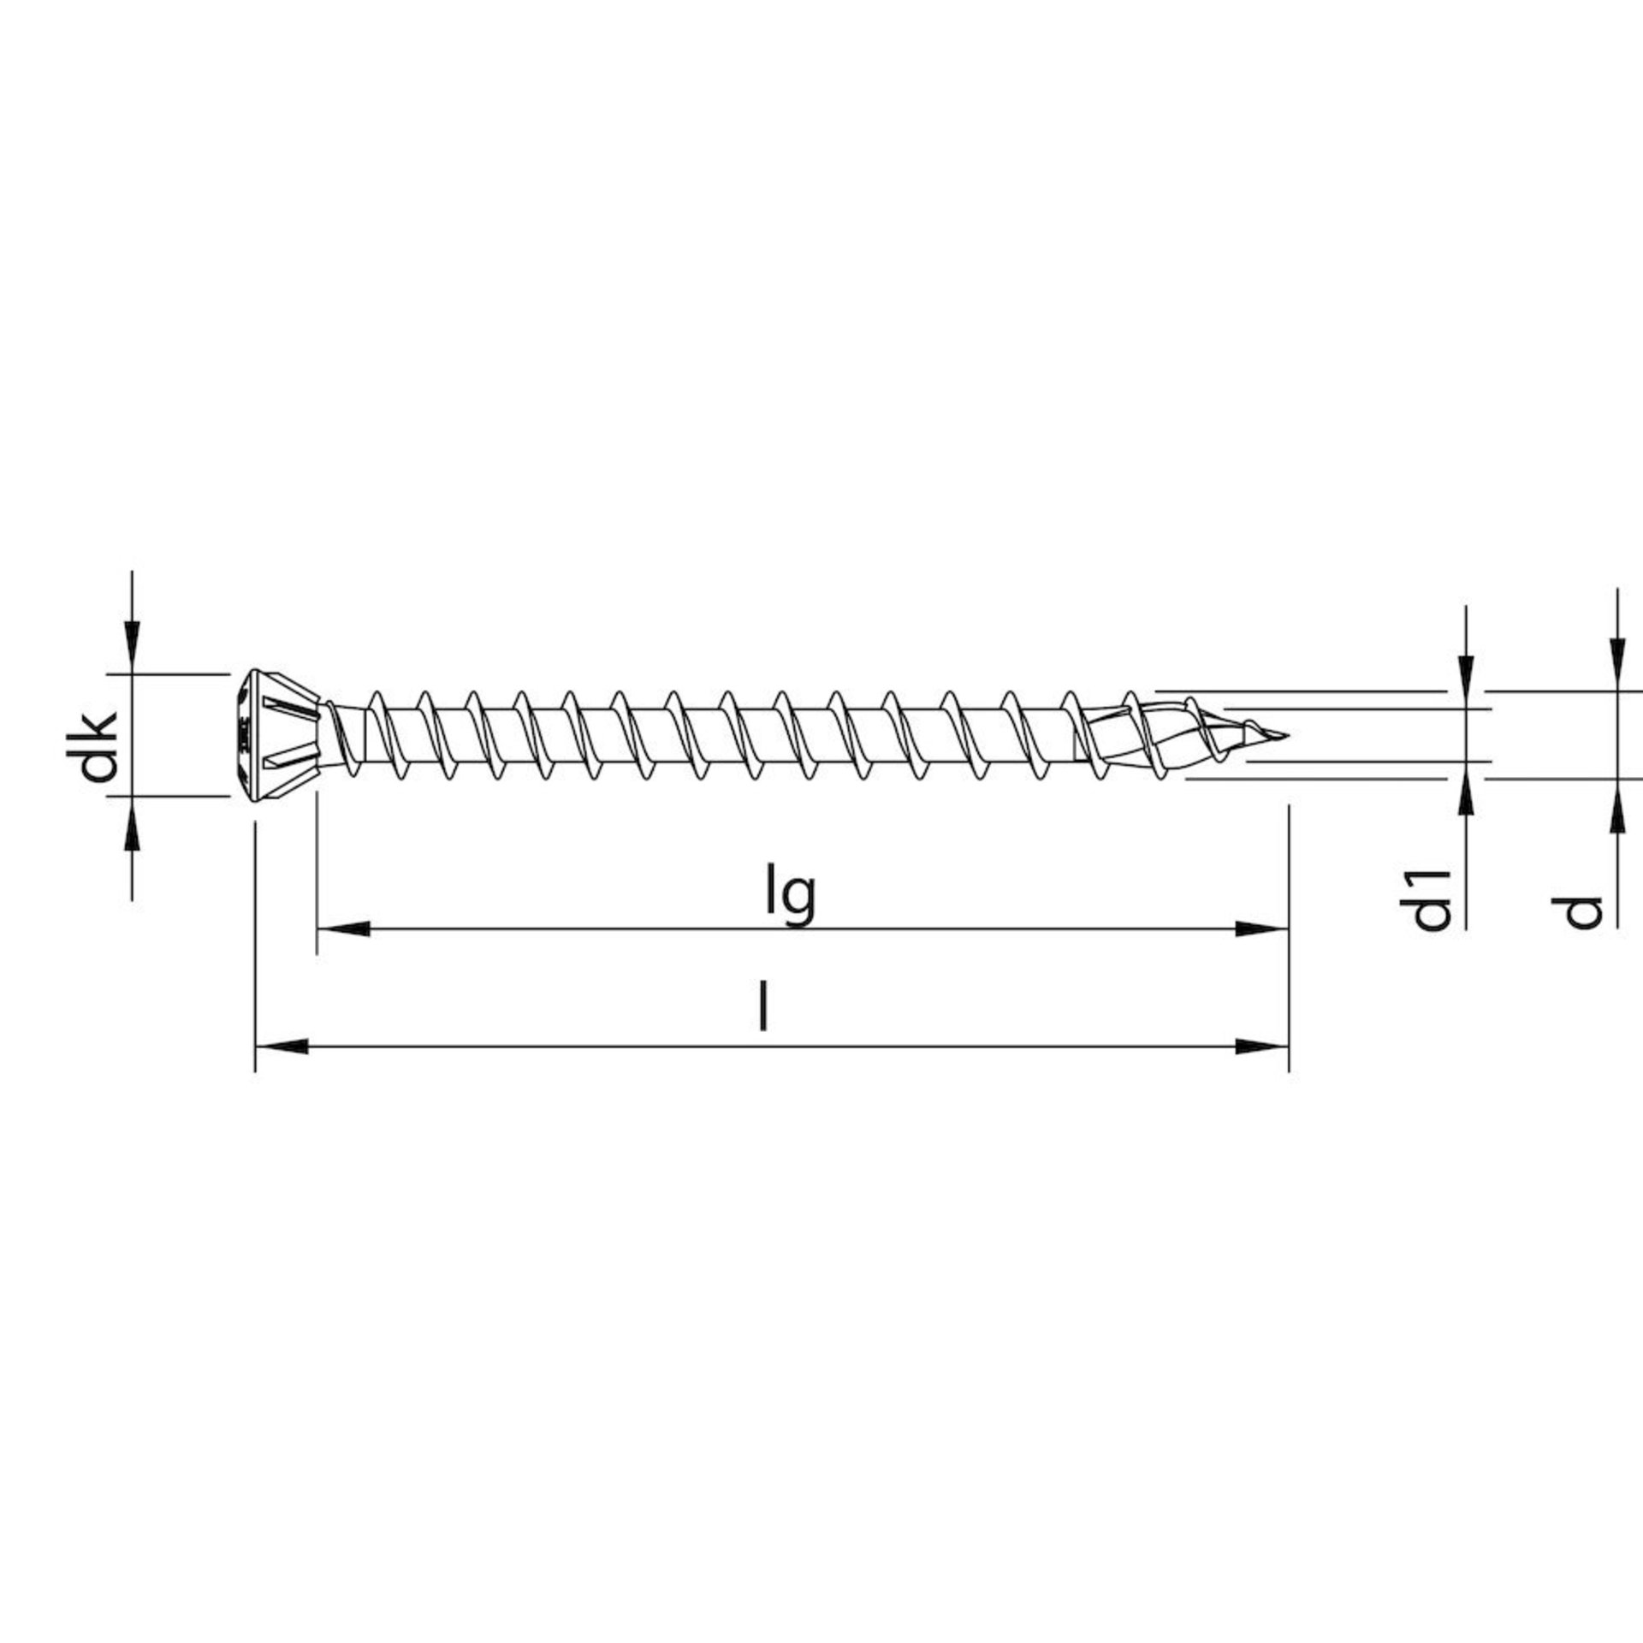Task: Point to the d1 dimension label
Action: (x=1431, y=899)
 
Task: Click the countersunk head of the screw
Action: (x=279, y=735)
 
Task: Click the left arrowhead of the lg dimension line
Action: (x=343, y=928)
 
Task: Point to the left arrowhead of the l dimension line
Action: (x=282, y=1046)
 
